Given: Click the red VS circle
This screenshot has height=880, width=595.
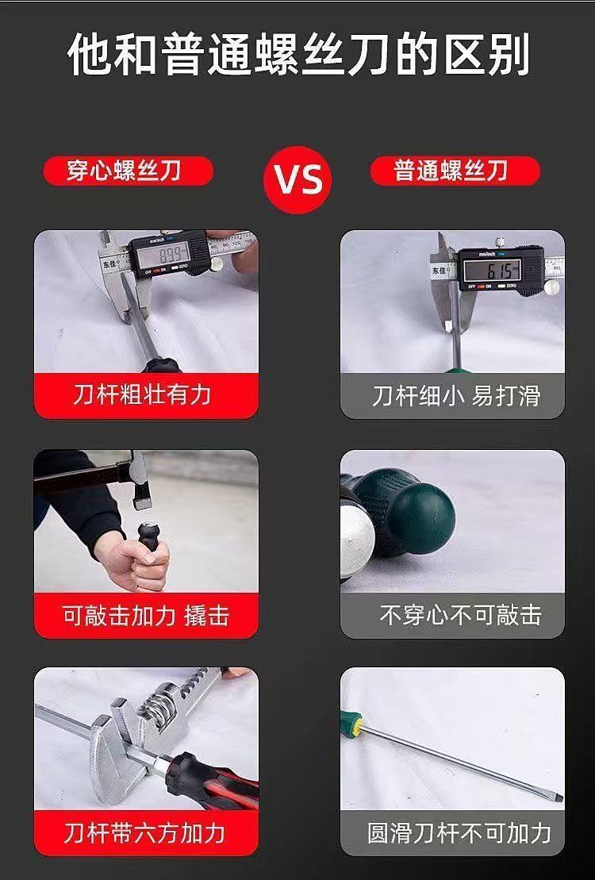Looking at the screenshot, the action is coord(297,179).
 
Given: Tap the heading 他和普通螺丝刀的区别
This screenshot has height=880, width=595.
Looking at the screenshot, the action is coord(298,55).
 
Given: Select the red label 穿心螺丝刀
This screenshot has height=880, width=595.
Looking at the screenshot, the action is coord(128,171).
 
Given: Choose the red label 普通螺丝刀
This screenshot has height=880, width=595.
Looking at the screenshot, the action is coord(455,171).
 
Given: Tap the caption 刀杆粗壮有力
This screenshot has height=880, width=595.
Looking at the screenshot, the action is coord(142,395).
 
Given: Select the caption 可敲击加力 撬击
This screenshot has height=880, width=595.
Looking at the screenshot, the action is coord(146,615).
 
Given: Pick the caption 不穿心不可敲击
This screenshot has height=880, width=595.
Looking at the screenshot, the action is coord(460,615).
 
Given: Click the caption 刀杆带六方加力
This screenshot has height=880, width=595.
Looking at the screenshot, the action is coord(144,833).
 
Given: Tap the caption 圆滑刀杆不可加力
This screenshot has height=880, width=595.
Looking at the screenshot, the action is coord(459,833).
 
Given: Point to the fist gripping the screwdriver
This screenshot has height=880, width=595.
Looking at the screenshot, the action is coord(135,561).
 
